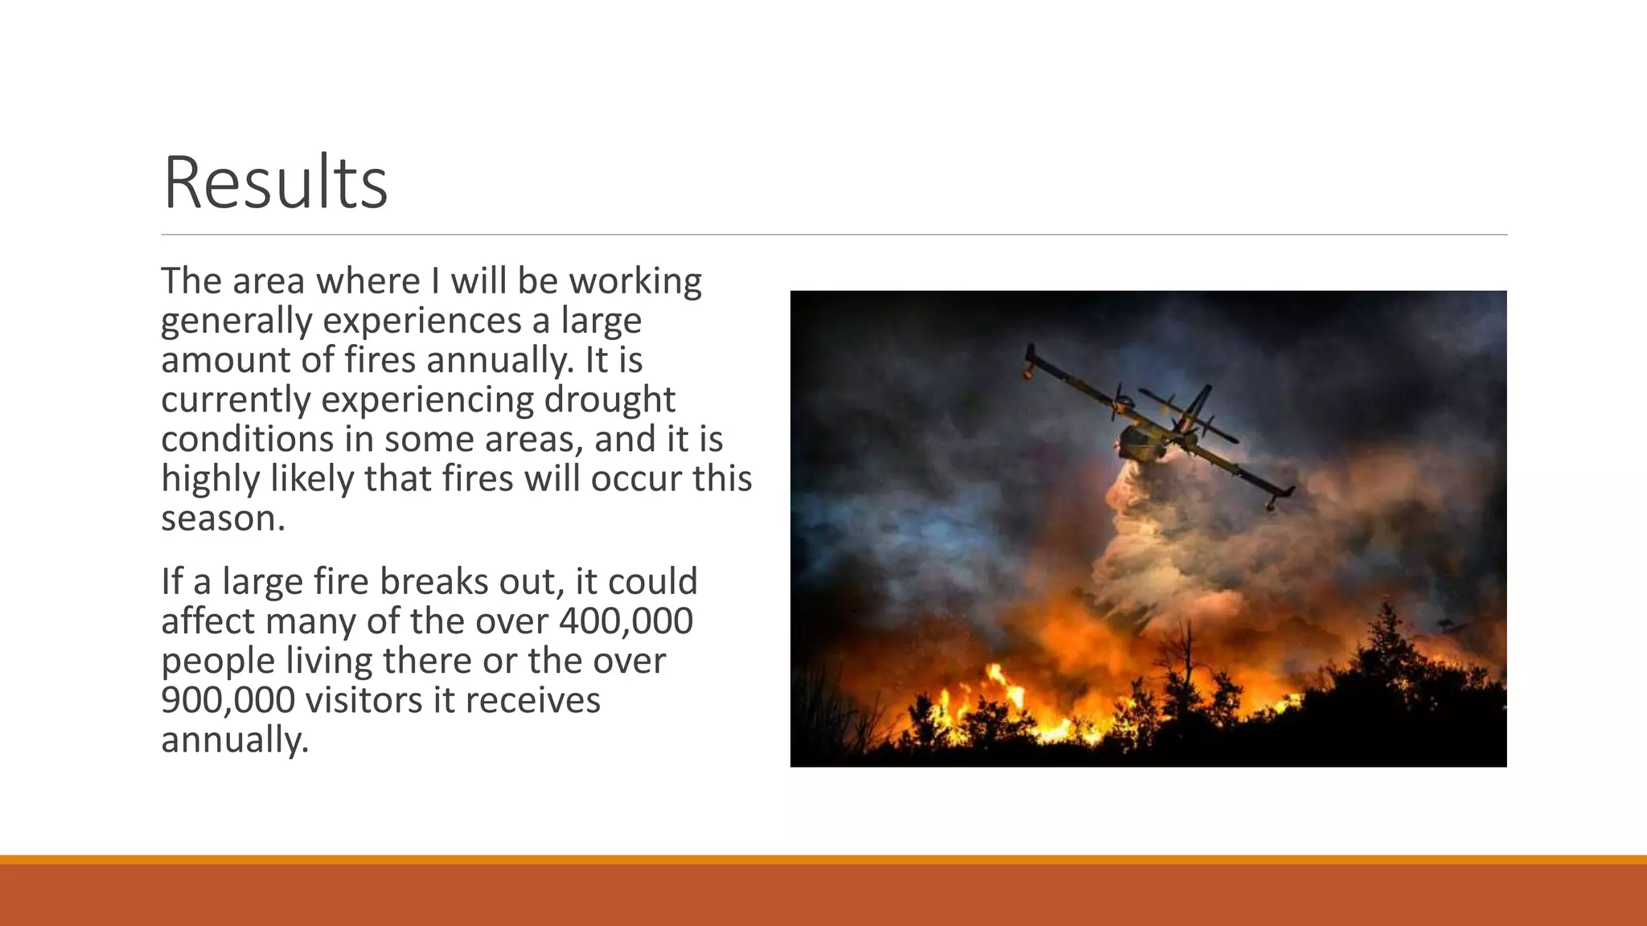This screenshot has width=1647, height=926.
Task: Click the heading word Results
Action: tap(275, 183)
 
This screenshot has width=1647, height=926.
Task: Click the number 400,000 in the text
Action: tap(626, 621)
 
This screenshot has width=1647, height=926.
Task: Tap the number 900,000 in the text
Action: tap(228, 699)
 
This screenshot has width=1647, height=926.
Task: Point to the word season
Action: tap(223, 518)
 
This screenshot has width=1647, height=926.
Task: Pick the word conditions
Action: tap(247, 439)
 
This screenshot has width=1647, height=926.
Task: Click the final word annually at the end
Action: tap(234, 739)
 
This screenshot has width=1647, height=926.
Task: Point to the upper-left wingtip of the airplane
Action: tap(1030, 354)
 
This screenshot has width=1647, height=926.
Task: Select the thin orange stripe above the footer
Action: tap(823, 859)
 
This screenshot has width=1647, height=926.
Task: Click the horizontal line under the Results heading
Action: tap(833, 235)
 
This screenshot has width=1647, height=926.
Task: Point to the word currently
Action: tap(236, 399)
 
